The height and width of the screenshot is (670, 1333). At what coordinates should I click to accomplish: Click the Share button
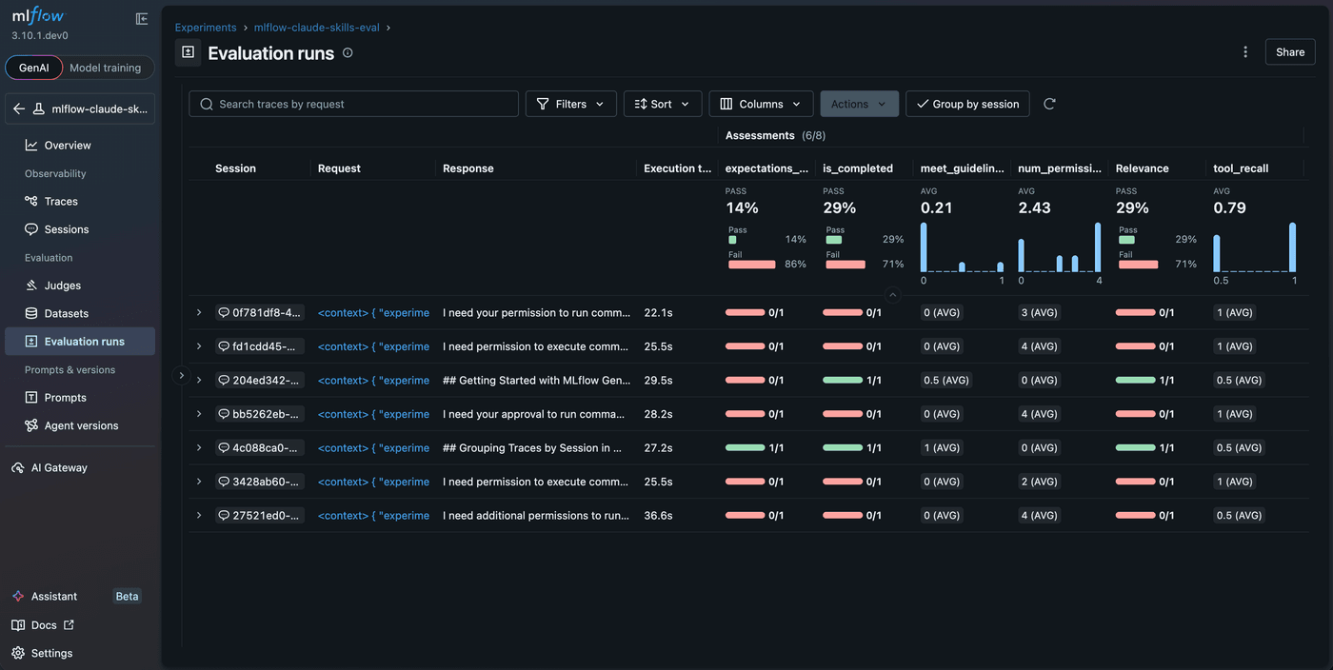click(1289, 52)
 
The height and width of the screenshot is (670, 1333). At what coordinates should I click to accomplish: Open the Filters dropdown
click(570, 104)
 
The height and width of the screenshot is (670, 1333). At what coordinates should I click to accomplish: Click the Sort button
click(662, 104)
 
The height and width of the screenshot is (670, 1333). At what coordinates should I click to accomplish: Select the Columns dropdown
click(760, 104)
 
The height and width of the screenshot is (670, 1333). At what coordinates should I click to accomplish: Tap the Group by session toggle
click(966, 104)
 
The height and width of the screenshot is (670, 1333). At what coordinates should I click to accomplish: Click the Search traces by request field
click(354, 104)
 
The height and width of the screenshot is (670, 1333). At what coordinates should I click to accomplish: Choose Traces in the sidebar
click(61, 202)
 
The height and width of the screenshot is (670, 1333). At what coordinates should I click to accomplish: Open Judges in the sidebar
click(62, 286)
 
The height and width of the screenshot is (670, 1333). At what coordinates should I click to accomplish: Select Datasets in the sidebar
click(66, 313)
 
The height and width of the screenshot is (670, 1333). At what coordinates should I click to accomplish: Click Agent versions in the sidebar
click(81, 425)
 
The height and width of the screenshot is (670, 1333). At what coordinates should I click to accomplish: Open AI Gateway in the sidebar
click(59, 467)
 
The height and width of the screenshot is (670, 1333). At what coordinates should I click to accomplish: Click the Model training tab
click(105, 68)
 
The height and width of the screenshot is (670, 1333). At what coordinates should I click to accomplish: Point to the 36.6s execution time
click(658, 516)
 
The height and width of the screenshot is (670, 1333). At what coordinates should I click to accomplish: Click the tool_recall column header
click(1241, 168)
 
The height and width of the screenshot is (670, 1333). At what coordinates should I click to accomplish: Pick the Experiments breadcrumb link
click(206, 28)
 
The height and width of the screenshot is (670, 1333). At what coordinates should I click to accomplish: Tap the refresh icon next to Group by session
click(1049, 104)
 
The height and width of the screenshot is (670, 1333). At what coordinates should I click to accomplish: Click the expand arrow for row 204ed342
click(199, 380)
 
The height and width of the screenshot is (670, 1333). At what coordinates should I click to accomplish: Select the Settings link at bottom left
click(51, 653)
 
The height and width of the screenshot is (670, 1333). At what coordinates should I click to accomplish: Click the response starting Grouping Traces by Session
click(535, 447)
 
